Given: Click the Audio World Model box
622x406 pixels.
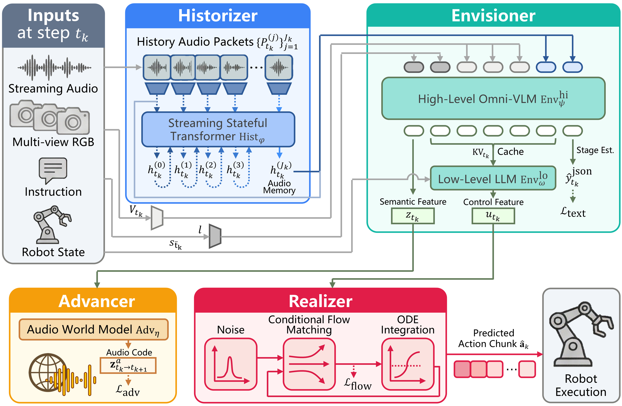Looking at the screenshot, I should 93,330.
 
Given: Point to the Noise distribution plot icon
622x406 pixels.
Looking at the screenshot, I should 231,364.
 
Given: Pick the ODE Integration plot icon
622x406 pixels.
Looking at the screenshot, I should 407,364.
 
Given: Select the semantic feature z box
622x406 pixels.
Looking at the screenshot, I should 412,216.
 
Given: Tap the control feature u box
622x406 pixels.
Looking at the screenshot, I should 493,216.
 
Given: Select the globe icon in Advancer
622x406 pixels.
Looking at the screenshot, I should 48,373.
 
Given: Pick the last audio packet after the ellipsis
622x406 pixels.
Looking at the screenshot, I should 279,67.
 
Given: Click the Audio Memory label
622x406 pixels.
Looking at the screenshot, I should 279,187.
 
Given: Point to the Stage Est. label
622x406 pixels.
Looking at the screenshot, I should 595,150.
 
